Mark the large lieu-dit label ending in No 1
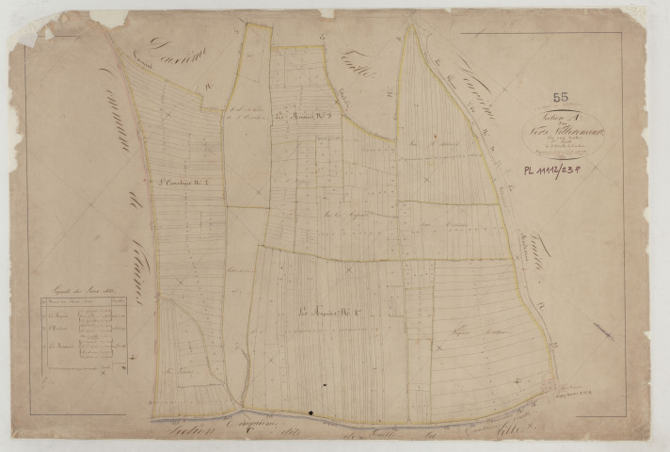coord(326,314)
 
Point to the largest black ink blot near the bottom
coord(311,412)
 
